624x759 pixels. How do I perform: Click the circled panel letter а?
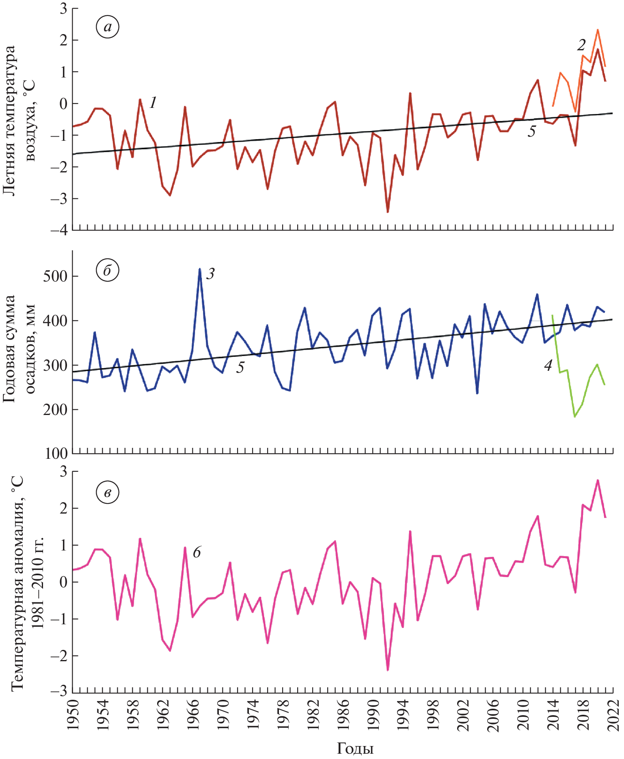(107, 27)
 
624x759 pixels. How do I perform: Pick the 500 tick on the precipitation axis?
(55, 276)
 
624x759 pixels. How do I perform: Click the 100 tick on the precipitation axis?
(56, 454)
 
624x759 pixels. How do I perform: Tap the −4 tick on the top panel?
(58, 230)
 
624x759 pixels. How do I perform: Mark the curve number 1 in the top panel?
(153, 103)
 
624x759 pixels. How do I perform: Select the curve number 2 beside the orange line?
(581, 45)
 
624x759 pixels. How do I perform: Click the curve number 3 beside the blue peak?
(210, 274)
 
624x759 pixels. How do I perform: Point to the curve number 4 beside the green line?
(548, 366)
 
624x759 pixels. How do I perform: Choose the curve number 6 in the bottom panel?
(197, 552)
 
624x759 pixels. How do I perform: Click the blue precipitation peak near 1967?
(200, 269)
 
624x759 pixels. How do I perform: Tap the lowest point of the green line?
(574, 417)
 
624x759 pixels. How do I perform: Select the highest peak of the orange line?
(598, 30)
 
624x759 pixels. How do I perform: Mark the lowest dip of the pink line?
(388, 670)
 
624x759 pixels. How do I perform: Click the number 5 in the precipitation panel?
(240, 368)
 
